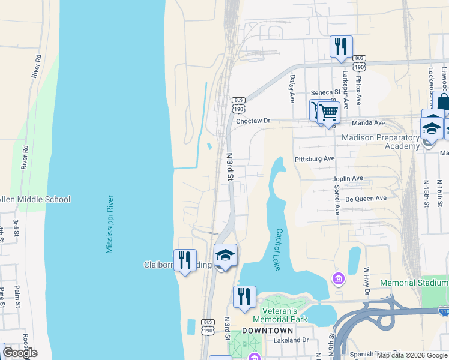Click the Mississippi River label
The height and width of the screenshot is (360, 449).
(110, 223)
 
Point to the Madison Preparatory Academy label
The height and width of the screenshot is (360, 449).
(380, 142)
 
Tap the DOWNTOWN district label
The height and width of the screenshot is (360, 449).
(268, 331)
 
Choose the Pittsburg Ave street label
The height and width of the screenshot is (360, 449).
(315, 159)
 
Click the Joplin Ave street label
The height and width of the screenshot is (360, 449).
(348, 179)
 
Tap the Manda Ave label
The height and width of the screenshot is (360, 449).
(370, 122)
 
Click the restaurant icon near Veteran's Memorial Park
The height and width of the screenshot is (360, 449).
(244, 297)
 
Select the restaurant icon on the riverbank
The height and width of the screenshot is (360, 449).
(185, 260)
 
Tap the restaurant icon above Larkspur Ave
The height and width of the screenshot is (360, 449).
(341, 46)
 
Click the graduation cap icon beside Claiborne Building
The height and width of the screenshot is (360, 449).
(226, 256)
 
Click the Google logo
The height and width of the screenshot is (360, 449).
(20, 353)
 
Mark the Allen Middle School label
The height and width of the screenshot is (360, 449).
(35, 199)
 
